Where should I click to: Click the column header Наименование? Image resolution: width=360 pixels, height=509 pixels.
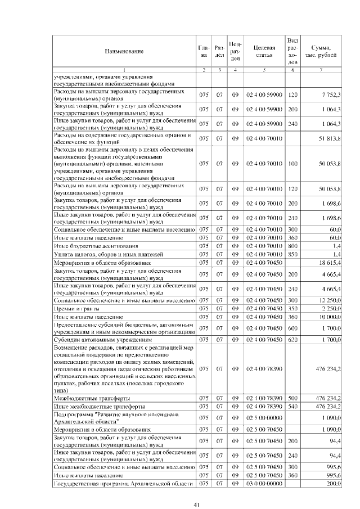click(x=124, y=51)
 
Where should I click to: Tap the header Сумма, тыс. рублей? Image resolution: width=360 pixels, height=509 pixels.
click(x=321, y=51)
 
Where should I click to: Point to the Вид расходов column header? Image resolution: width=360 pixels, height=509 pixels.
click(x=292, y=51)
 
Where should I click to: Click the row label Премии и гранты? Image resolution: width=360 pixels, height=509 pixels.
click(x=76, y=309)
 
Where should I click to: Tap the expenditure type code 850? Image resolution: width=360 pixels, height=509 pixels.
click(x=292, y=254)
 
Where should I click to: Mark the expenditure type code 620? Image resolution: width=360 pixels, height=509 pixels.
click(x=292, y=340)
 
